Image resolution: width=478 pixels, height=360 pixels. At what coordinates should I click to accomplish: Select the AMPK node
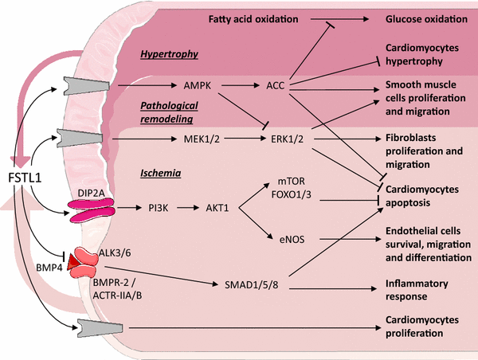point(196,83)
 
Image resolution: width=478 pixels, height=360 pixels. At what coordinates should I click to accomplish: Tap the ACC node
point(276,83)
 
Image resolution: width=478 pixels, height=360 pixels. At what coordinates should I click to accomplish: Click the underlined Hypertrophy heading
point(169,55)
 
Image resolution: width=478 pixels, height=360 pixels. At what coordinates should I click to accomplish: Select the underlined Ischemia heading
point(159,172)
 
